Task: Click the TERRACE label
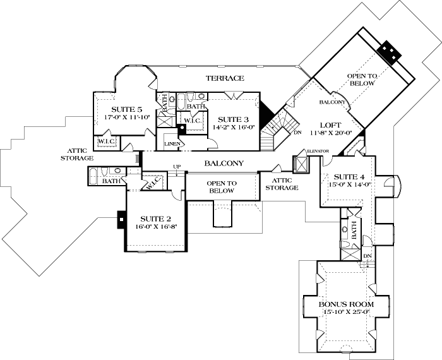click(224, 78)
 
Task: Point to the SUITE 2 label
click(155, 217)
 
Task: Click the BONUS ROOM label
click(346, 304)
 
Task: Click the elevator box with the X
click(301, 164)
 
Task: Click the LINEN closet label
click(174, 144)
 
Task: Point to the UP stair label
click(177, 167)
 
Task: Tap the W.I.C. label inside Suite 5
click(105, 141)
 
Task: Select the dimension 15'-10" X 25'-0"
click(346, 313)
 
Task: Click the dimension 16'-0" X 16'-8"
click(155, 226)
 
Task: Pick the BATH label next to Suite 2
click(111, 181)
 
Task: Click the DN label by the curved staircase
click(298, 133)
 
